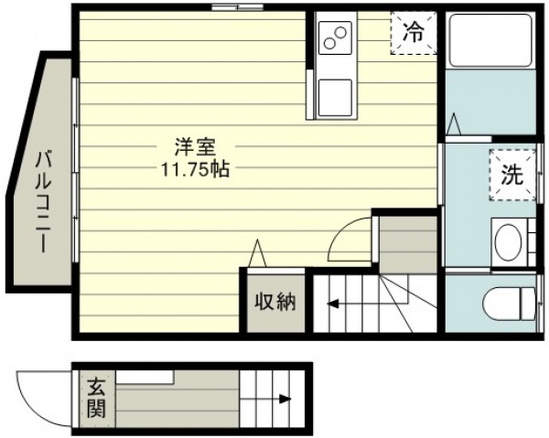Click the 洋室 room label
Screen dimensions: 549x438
click(195, 147)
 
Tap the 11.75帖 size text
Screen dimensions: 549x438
click(195, 170)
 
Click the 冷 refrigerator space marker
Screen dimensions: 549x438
click(414, 33)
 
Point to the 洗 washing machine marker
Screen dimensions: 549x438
click(512, 175)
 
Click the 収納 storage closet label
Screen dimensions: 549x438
click(275, 302)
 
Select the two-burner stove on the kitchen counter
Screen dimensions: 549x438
click(335, 37)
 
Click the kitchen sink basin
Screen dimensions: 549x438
click(335, 98)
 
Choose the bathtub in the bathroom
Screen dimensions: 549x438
click(490, 40)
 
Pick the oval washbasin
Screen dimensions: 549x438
click(509, 242)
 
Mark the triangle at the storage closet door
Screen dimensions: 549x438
click(257, 253)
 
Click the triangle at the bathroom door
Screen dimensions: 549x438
click(454, 124)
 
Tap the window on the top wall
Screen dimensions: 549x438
click(237, 6)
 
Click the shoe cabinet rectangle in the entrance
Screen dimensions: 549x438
click(145, 377)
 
